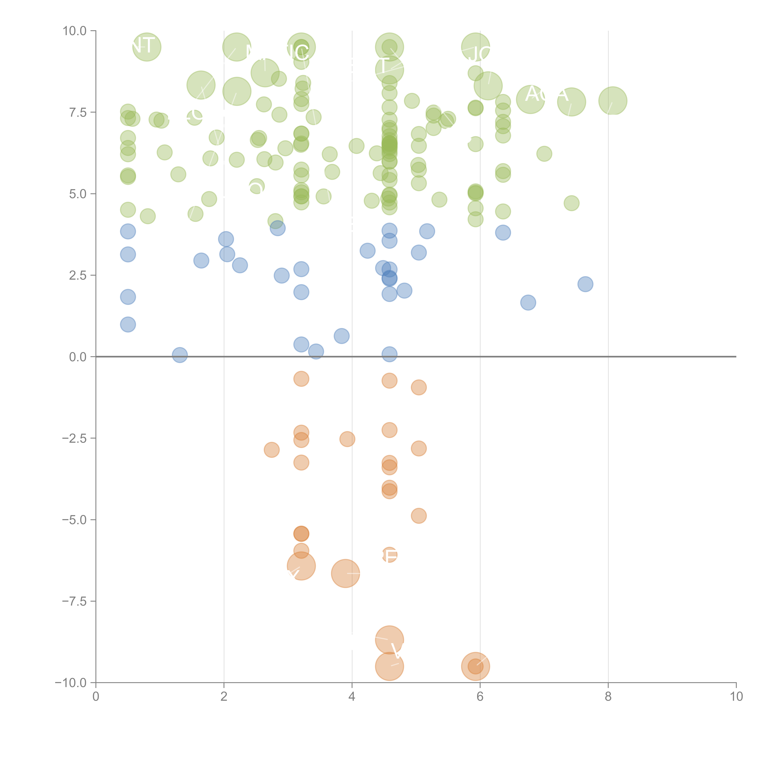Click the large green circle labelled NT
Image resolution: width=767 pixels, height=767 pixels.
[146, 47]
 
